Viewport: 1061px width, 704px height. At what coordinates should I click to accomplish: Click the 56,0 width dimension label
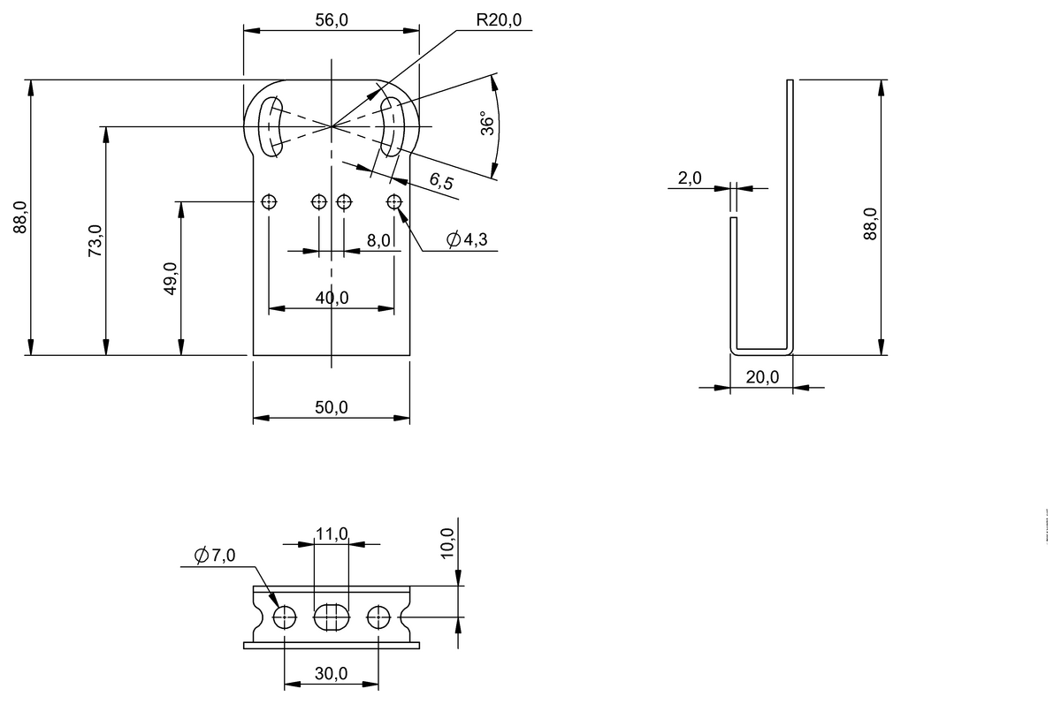click(x=331, y=20)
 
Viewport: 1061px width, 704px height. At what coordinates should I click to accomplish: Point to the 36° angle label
click(x=486, y=123)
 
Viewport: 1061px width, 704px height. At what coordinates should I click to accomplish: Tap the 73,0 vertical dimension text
click(x=95, y=241)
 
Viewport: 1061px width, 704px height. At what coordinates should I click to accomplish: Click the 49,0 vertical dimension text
click(x=170, y=279)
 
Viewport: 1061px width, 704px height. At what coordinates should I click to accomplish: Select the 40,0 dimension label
click(x=331, y=298)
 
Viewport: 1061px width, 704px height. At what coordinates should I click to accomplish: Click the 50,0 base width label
click(x=331, y=407)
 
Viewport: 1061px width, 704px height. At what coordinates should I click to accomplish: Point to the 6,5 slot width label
click(x=441, y=182)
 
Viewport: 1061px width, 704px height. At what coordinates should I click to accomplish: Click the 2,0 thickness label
click(x=690, y=178)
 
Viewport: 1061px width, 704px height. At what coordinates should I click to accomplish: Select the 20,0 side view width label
click(x=761, y=376)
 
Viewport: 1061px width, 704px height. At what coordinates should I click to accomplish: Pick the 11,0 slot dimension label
click(x=332, y=534)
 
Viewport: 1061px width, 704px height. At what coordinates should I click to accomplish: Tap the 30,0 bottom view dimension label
click(x=331, y=673)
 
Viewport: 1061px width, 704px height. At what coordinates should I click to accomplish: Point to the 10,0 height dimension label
click(x=447, y=542)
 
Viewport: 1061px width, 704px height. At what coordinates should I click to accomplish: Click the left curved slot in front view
click(x=269, y=125)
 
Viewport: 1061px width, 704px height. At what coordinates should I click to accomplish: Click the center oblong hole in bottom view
click(x=332, y=617)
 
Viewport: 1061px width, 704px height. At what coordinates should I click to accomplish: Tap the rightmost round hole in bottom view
click(x=378, y=617)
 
